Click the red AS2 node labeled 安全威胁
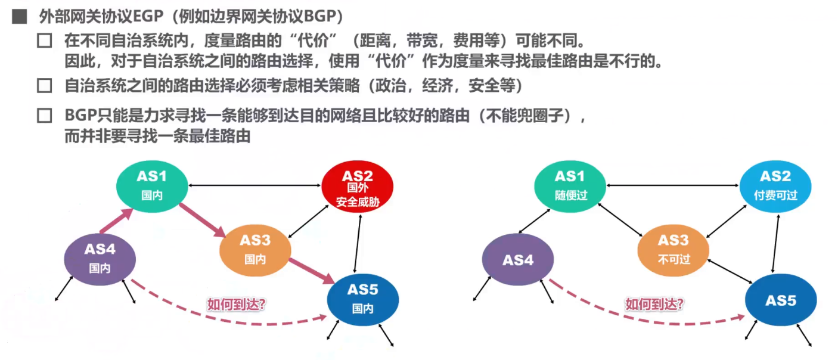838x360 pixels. pos(358,188)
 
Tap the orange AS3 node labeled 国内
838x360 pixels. pos(255,249)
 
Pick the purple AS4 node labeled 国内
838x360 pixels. pos(100,259)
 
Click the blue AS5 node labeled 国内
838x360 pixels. pos(363,299)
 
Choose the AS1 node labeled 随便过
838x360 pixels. pos(570,185)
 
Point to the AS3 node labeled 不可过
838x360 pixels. pos(673,249)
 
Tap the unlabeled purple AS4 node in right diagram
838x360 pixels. pos(517,260)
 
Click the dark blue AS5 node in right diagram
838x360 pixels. pos(781,300)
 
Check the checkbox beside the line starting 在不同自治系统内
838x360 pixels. pos(44,41)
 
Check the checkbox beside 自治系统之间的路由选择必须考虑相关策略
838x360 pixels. pos(44,86)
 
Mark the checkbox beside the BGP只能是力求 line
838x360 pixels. pos(44,116)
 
